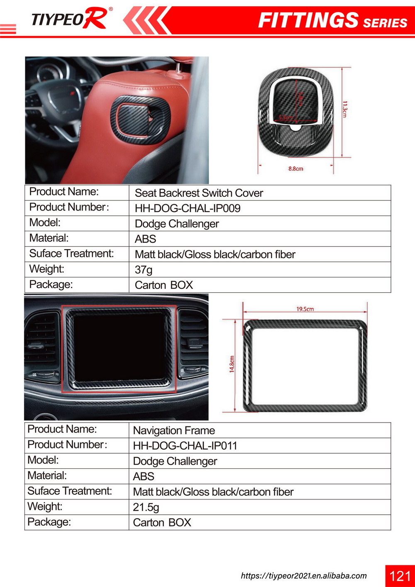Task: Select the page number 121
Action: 400,576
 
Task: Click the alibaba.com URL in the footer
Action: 304,576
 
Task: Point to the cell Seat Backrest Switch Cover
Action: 199,193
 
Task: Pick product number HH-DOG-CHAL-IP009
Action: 188,208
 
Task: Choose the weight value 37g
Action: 144,270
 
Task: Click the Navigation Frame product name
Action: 174,430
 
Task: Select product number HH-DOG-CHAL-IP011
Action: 185,446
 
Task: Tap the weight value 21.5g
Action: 146,507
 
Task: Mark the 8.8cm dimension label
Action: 296,169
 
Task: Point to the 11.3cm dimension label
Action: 345,109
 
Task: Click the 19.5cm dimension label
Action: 305,309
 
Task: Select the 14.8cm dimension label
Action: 232,364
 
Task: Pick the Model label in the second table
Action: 43,460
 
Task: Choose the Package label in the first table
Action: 51,285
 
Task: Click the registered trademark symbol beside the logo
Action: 111,9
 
